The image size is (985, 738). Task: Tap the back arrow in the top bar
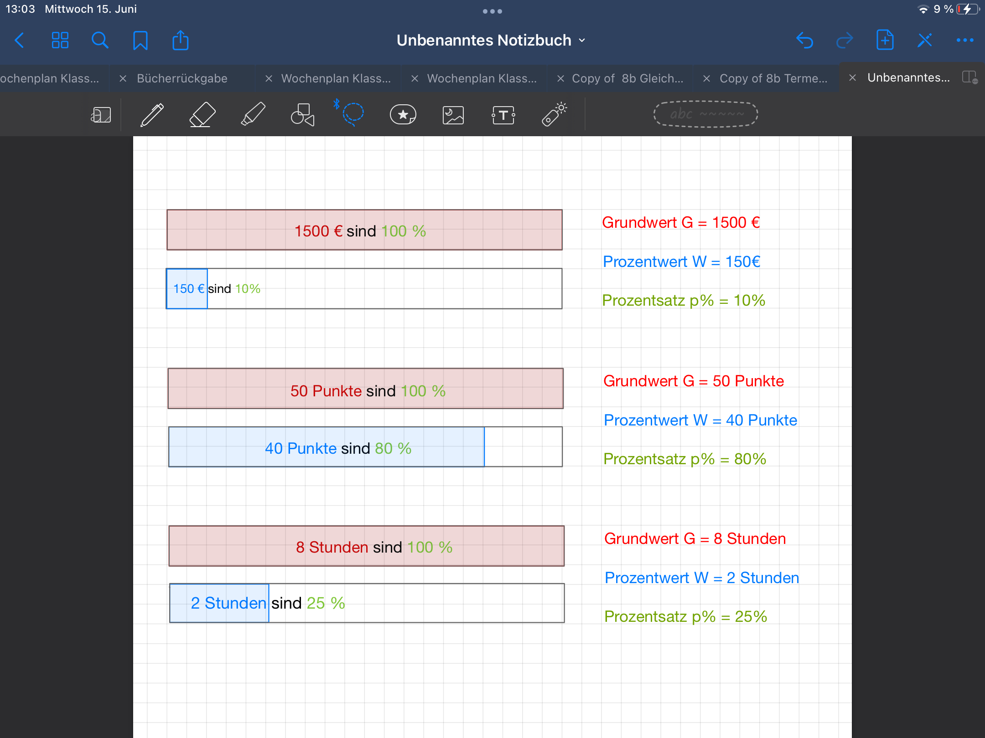click(x=19, y=41)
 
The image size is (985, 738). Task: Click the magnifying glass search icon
click(x=100, y=41)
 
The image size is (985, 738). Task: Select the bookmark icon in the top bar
click(x=140, y=41)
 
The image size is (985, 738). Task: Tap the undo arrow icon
click(x=805, y=41)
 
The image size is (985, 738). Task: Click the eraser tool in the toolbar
click(x=202, y=114)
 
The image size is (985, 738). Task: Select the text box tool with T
click(x=503, y=115)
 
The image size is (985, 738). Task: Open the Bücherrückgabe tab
click(x=182, y=78)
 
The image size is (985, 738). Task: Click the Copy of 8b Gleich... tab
click(x=627, y=78)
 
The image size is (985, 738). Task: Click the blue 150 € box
click(x=187, y=289)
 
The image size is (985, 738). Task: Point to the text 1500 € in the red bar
click(x=318, y=231)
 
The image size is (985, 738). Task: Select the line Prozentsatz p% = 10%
click(x=684, y=301)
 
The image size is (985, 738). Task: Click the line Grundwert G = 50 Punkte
click(x=694, y=381)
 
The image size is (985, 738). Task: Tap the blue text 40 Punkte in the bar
click(x=301, y=448)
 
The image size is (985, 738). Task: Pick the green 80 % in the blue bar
click(x=393, y=448)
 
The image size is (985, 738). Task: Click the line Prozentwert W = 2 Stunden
click(x=702, y=578)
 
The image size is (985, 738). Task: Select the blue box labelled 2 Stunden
click(x=219, y=603)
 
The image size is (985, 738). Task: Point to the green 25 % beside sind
click(x=326, y=603)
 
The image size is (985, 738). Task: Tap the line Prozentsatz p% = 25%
click(x=686, y=617)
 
